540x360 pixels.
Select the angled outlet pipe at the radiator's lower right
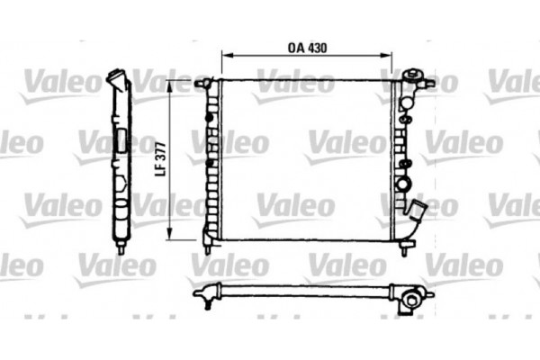click(415, 218)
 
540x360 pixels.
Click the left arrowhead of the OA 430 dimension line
click(225, 57)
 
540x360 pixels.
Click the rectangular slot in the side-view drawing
click(121, 143)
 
